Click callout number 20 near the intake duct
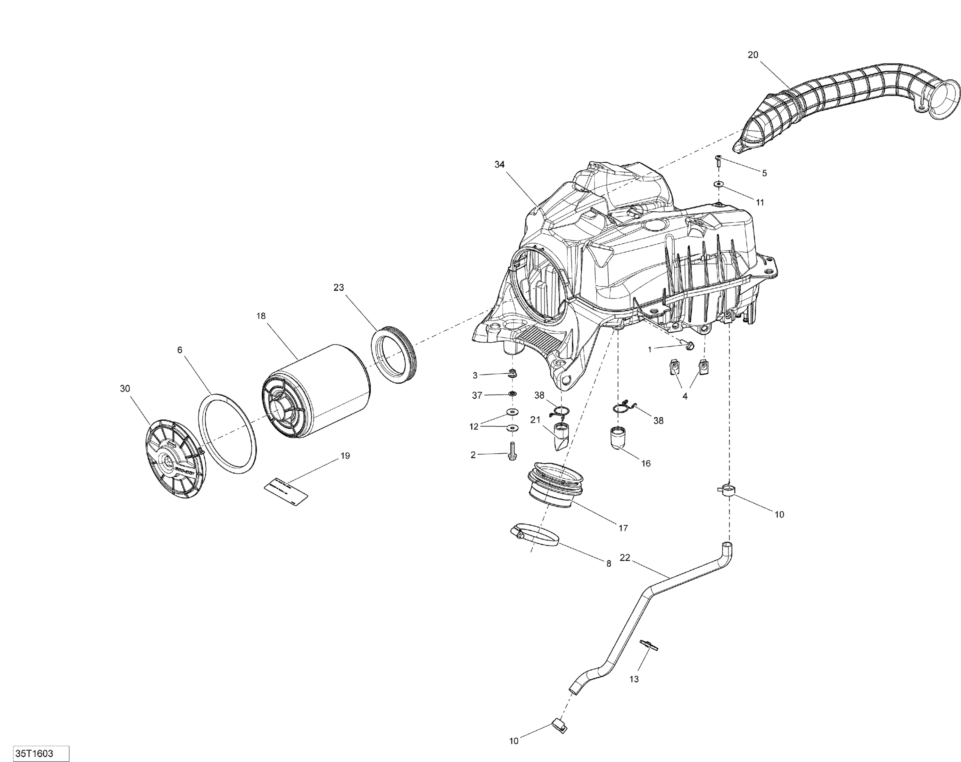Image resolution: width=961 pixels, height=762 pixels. [x=752, y=55]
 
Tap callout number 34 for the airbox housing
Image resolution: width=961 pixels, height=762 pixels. [x=499, y=165]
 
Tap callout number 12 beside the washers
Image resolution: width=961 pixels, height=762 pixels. [x=473, y=426]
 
